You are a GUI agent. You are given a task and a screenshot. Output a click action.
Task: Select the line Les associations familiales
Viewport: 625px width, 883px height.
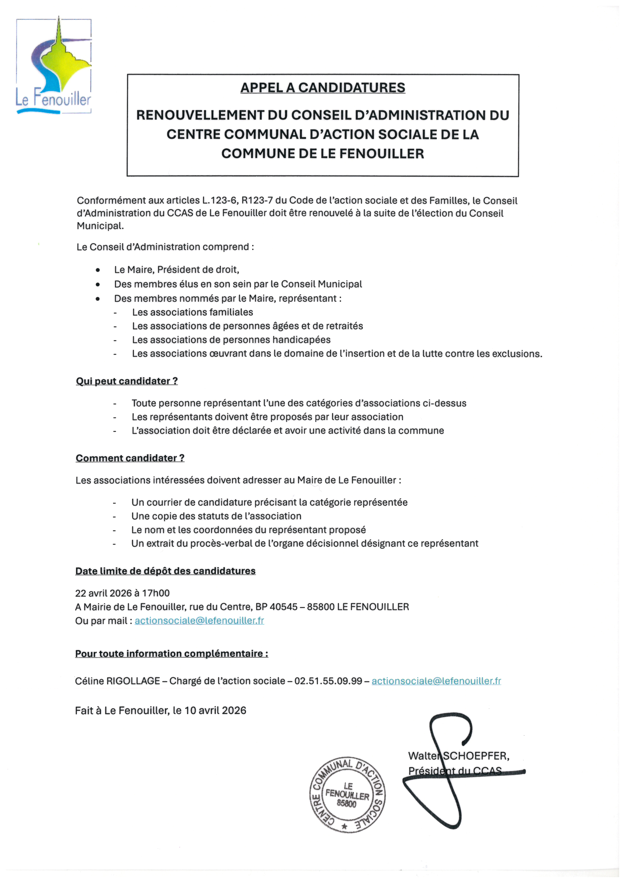(x=192, y=312)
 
